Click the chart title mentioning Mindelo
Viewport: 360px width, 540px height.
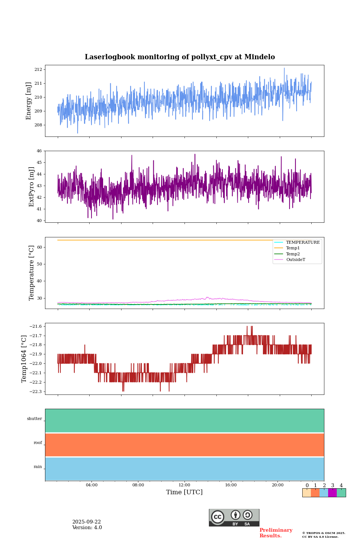pyautogui.click(x=180, y=57)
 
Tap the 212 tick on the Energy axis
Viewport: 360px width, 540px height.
pyautogui.click(x=39, y=69)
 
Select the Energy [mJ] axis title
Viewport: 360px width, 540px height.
pyautogui.click(x=28, y=101)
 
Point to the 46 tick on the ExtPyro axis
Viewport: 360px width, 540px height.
pyautogui.click(x=39, y=151)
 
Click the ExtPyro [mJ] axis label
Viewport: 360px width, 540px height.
pyautogui.click(x=31, y=187)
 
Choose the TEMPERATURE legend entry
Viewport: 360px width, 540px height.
pyautogui.click(x=303, y=242)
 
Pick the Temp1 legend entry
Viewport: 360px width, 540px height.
pyautogui.click(x=293, y=248)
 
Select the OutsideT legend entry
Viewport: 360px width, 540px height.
pyautogui.click(x=295, y=259)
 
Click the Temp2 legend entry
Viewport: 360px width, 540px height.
pyautogui.click(x=293, y=254)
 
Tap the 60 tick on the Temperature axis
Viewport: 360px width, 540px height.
pyautogui.click(x=39, y=247)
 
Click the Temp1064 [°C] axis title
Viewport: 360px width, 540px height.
pyautogui.click(x=24, y=359)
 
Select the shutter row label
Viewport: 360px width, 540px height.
pyautogui.click(x=34, y=418)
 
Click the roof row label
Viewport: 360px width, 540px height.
pyautogui.click(x=38, y=442)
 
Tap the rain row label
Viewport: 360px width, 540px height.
pyautogui.click(x=38, y=466)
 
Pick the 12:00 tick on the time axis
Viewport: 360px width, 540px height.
pyautogui.click(x=184, y=485)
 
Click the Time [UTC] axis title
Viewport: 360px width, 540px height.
pyautogui.click(x=184, y=492)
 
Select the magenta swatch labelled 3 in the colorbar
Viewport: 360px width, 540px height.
pyautogui.click(x=332, y=493)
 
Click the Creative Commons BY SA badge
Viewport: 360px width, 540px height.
pyautogui.click(x=234, y=517)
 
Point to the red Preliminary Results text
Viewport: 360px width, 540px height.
pyautogui.click(x=276, y=533)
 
